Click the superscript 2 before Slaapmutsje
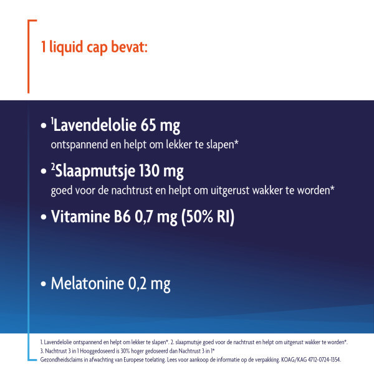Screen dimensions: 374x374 pos(53,166)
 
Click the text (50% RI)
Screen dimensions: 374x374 pos(206,218)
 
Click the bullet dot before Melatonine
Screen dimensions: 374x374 pos(44,284)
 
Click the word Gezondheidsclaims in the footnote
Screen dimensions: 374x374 pos(61,360)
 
